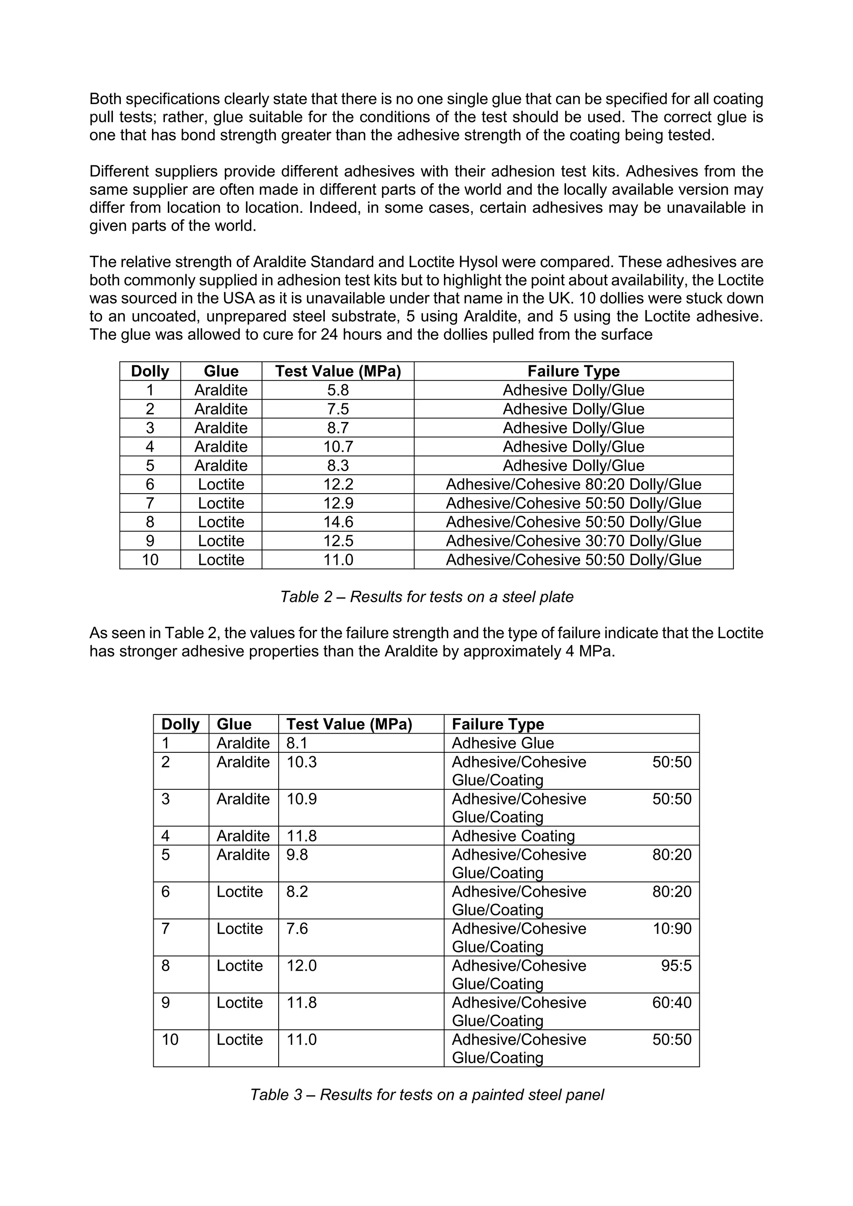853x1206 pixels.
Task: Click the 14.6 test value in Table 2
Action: (338, 522)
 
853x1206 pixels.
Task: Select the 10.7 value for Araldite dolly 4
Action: (338, 447)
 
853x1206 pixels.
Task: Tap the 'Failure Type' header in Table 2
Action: (573, 371)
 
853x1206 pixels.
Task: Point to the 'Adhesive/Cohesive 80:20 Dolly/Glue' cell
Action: (573, 484)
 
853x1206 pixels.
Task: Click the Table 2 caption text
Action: (426, 597)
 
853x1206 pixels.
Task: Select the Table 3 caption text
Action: (426, 1095)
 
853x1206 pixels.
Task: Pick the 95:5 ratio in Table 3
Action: (676, 966)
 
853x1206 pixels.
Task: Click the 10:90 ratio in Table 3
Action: (672, 929)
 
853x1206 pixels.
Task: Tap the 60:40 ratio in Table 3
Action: (672, 1002)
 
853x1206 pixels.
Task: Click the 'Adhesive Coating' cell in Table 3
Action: (513, 836)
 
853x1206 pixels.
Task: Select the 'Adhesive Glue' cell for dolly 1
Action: (503, 743)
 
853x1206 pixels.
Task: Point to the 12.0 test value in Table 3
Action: (302, 966)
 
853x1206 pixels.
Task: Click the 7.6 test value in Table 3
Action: (297, 929)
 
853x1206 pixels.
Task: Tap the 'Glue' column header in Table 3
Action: (234, 724)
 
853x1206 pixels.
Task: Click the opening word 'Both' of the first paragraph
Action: (105, 99)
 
